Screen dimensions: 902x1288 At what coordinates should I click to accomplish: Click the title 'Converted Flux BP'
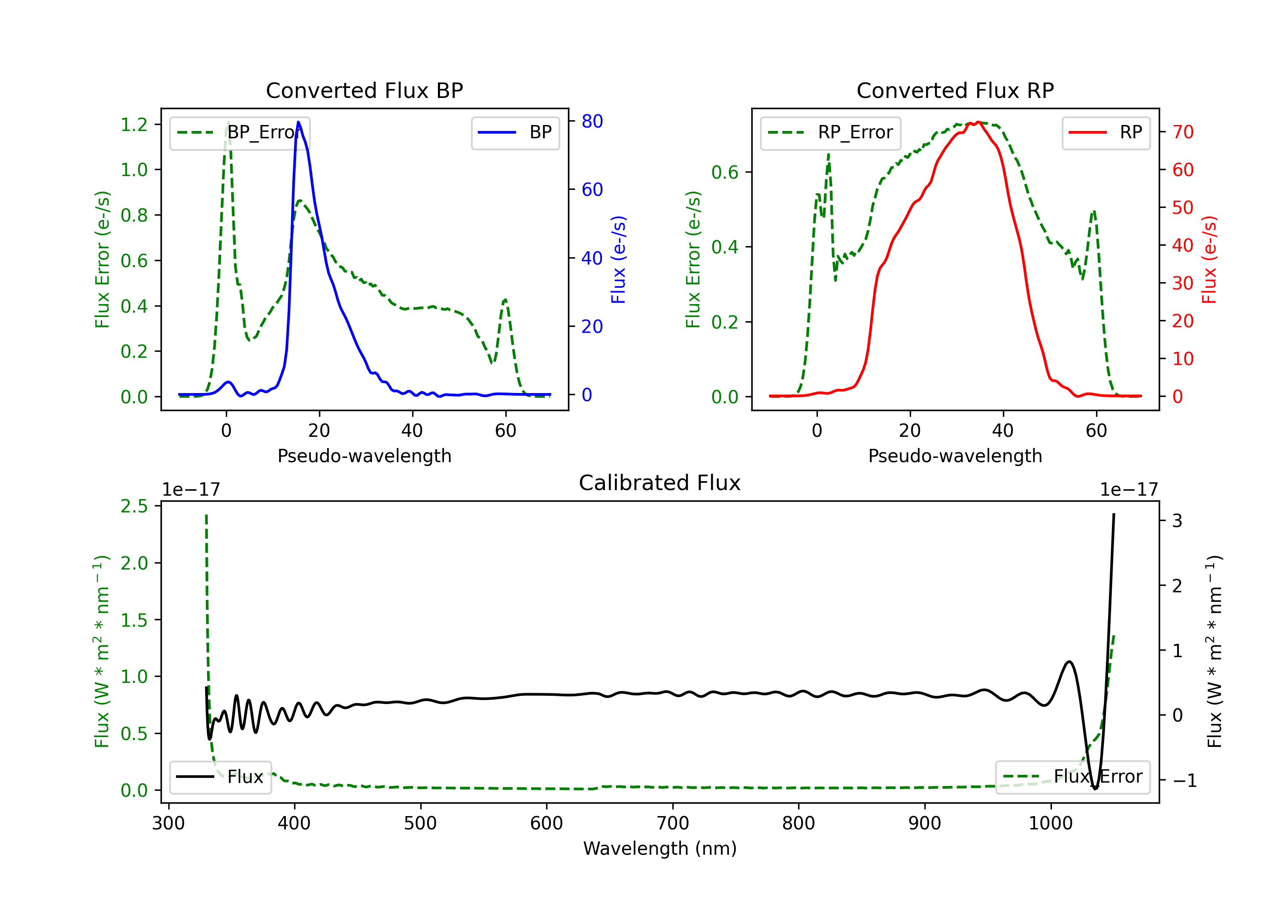[x=364, y=90]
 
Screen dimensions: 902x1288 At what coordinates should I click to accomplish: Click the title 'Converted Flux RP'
[x=955, y=90]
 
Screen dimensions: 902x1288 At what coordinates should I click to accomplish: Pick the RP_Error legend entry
[x=830, y=132]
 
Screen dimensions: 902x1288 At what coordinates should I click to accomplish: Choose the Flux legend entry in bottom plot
[x=221, y=777]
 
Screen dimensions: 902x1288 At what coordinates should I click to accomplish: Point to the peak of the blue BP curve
[x=298, y=122]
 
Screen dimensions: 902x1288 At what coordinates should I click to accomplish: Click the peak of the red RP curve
[x=978, y=122]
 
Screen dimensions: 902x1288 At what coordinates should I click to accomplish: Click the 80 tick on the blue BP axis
[x=592, y=121]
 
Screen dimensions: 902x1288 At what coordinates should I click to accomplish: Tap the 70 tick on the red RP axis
[x=1182, y=132]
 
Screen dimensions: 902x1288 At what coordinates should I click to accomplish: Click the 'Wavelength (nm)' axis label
[x=660, y=848]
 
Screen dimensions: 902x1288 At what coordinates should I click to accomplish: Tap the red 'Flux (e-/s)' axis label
[x=1209, y=259]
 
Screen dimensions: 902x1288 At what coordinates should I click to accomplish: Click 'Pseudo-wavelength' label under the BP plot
[x=364, y=456]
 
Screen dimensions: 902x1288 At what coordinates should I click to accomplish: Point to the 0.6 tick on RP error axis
[x=725, y=172]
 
